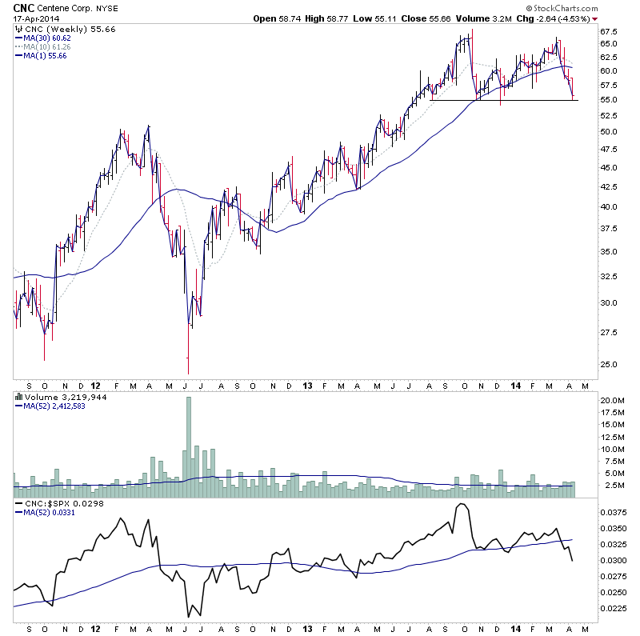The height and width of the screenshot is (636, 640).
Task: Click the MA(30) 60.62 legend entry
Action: (47, 38)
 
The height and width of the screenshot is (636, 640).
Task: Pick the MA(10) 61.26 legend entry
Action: (47, 46)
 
